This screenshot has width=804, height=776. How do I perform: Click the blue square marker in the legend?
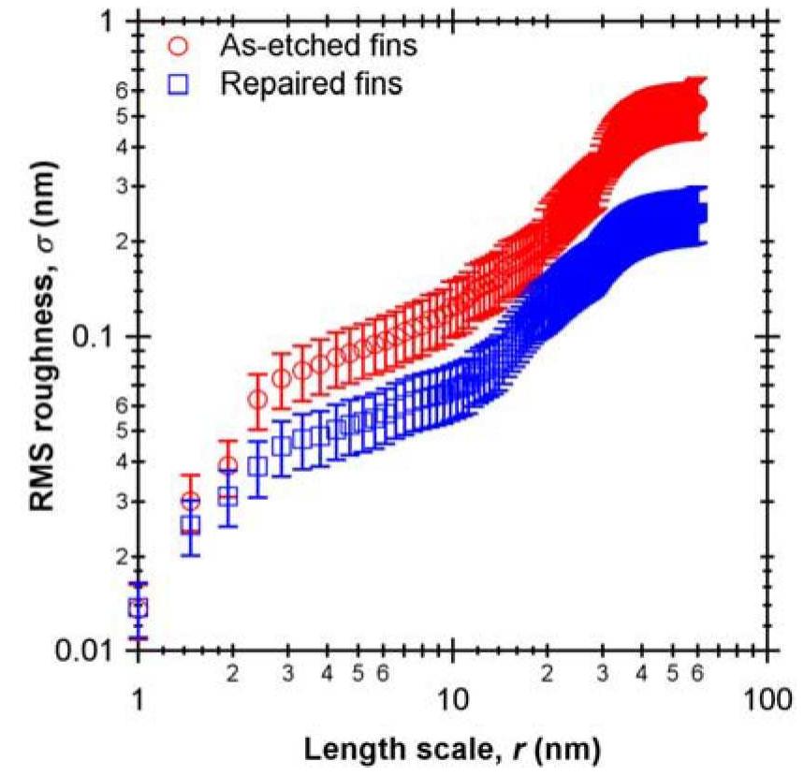pos(180,84)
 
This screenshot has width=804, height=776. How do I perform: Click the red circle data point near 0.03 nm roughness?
pos(191,502)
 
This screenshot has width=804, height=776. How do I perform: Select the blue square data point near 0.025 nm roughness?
pos(191,525)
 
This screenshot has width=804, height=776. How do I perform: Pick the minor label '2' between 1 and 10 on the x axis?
pos(233,673)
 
